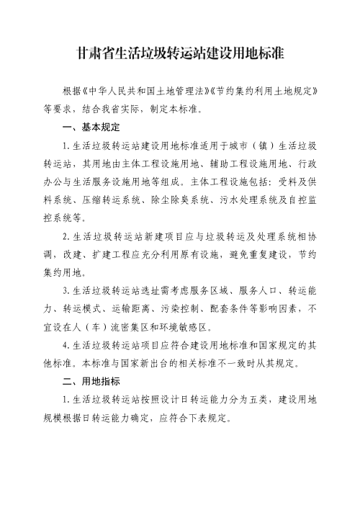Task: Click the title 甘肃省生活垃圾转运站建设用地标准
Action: coord(180,54)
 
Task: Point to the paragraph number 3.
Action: coord(66,290)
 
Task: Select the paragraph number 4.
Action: coord(66,344)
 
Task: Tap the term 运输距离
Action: coord(148,308)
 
